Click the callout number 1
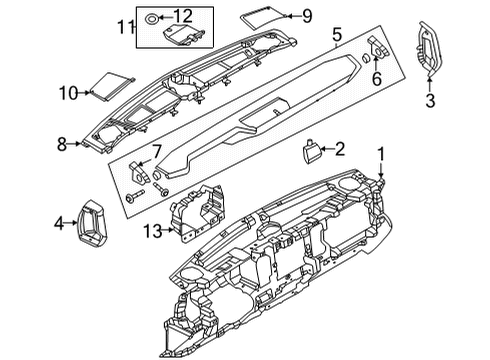[380, 153]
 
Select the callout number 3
[431, 100]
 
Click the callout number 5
[337, 36]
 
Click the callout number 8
[63, 144]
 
